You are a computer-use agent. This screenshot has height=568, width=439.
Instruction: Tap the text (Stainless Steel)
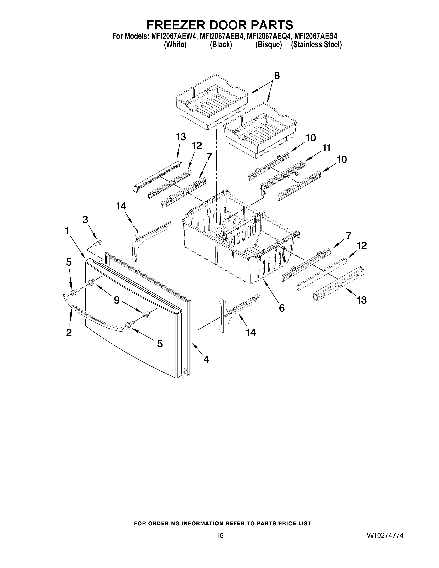coord(316,45)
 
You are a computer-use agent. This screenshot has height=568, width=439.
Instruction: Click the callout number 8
coord(277,76)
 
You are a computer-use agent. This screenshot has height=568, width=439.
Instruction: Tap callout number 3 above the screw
coord(85,220)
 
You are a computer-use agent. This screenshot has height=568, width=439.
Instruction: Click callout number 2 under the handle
coord(69,332)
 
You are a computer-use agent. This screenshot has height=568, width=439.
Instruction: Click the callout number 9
coord(117,300)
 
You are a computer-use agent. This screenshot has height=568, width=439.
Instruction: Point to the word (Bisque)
coord(269,45)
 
